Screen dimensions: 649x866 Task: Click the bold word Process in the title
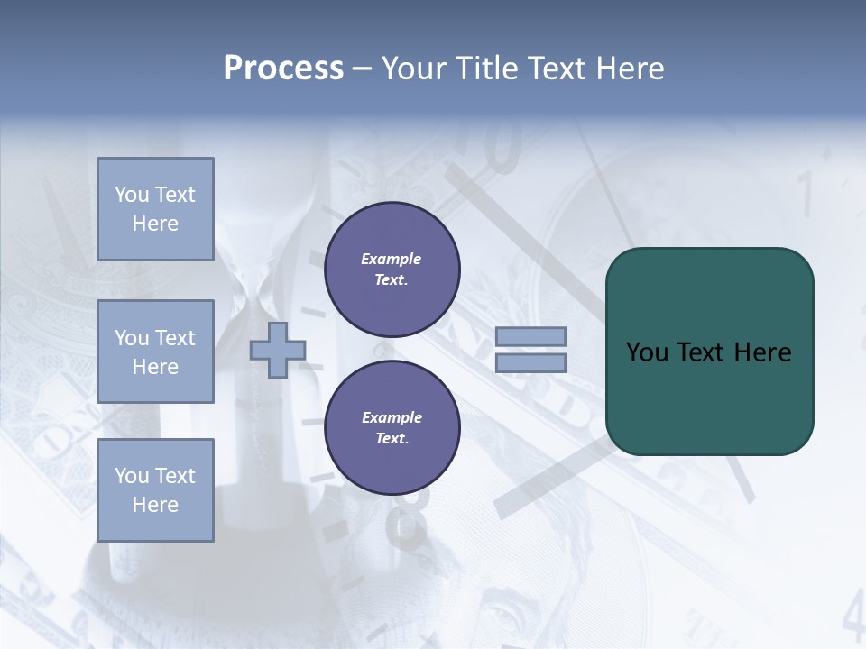click(x=283, y=69)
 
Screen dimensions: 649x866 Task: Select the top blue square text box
click(x=155, y=209)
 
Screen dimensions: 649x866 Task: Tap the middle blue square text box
click(x=155, y=352)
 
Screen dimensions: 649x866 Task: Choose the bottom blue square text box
click(x=155, y=490)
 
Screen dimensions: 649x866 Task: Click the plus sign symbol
click(x=278, y=350)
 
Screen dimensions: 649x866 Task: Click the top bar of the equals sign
click(x=530, y=336)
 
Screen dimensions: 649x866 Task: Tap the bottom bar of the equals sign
click(x=530, y=362)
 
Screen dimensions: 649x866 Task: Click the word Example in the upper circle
click(x=392, y=259)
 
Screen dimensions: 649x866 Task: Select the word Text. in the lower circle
click(x=392, y=438)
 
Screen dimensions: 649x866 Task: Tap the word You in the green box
click(x=648, y=352)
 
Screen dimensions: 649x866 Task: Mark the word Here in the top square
click(x=155, y=224)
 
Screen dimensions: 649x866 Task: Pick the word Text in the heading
click(x=556, y=69)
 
